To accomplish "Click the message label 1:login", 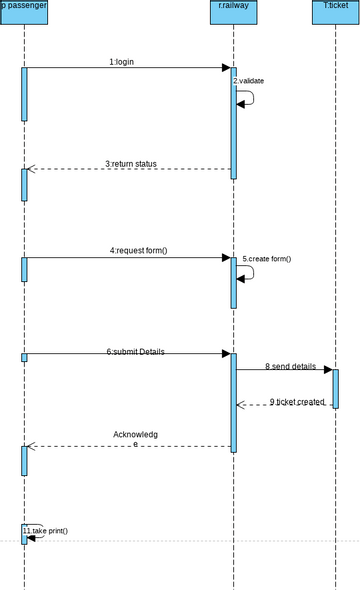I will (x=121, y=62).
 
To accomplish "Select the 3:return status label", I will (x=130, y=164).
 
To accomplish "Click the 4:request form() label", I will (x=138, y=250).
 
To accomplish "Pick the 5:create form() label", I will (x=266, y=259).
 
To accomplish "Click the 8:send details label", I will (x=290, y=367).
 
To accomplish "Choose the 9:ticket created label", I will (x=296, y=401).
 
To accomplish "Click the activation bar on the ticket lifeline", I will (x=335, y=388).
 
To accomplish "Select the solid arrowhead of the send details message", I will (x=327, y=370).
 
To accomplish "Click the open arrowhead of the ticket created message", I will (x=241, y=405).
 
